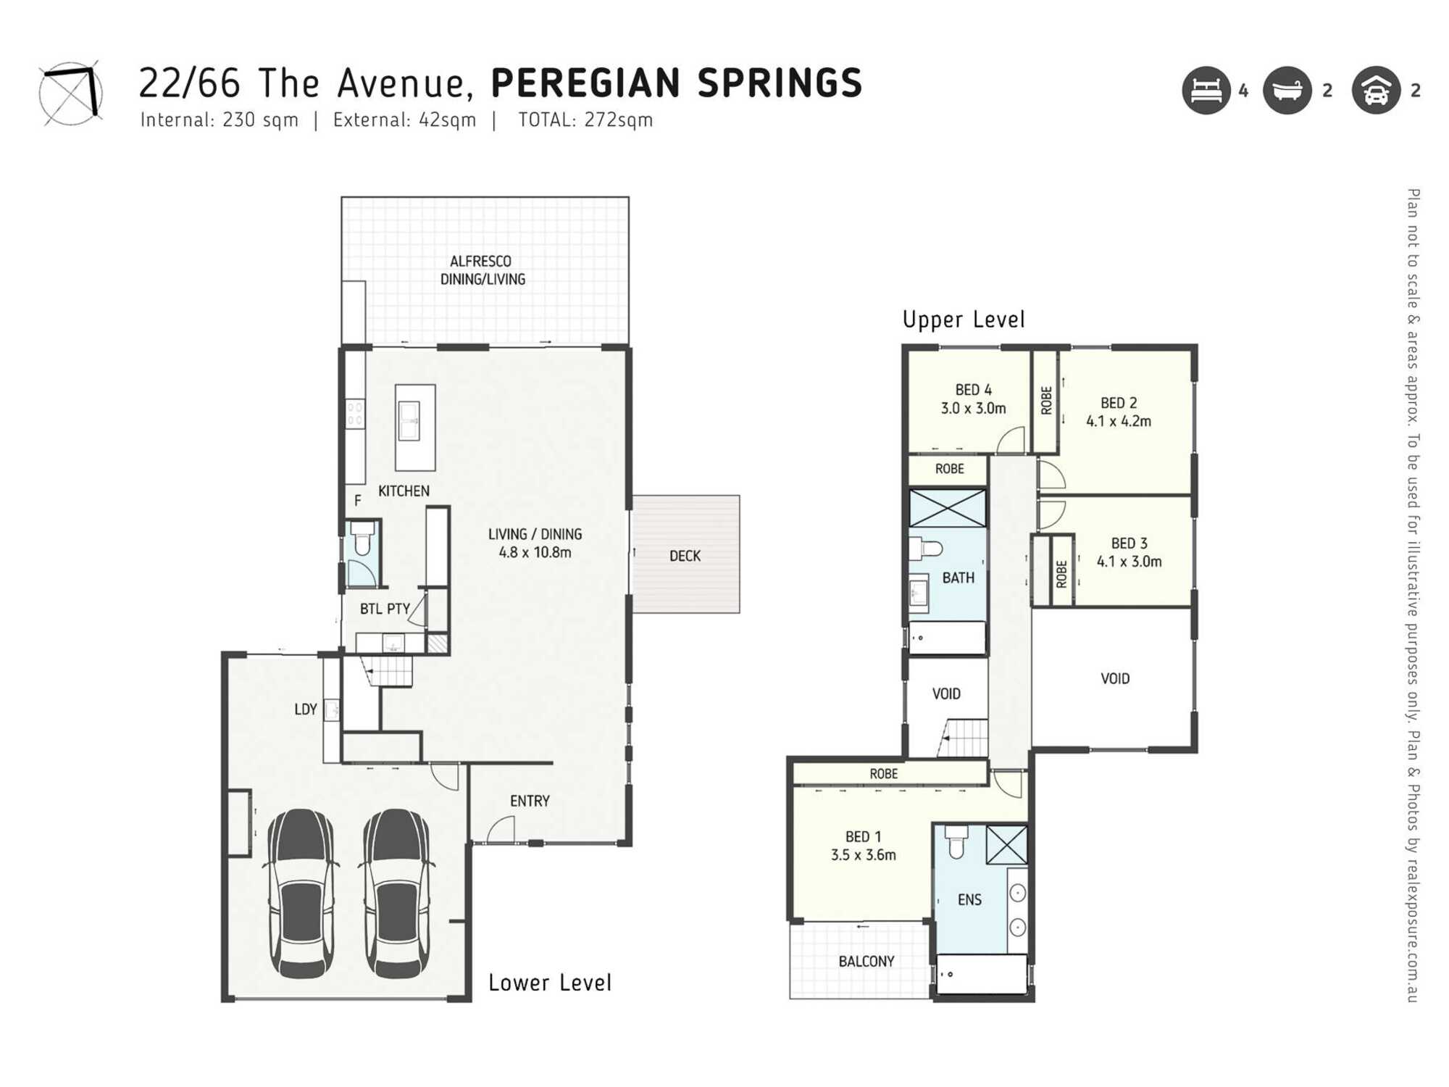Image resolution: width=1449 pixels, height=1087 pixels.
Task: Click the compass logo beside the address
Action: tap(70, 93)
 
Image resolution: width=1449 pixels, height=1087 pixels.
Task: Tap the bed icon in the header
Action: tap(1206, 91)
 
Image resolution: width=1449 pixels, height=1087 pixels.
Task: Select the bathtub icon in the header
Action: tap(1287, 91)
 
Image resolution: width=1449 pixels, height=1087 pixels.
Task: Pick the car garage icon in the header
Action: tap(1376, 91)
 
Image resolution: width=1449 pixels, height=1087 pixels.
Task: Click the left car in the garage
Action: tap(302, 894)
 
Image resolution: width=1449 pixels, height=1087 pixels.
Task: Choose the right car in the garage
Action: tap(397, 894)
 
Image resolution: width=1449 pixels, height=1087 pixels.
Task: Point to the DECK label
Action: tap(685, 556)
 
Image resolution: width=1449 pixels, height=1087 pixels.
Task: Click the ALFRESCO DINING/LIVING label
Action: tap(483, 270)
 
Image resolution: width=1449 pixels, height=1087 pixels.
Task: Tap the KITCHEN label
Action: tap(404, 491)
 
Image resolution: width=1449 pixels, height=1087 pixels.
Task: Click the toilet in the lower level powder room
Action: tap(362, 538)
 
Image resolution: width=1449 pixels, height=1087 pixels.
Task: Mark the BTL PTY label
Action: tap(385, 609)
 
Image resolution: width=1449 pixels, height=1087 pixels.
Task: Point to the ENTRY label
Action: tap(530, 801)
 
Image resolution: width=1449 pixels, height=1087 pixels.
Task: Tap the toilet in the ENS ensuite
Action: tap(956, 841)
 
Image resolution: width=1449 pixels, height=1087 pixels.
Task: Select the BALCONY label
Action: tap(867, 962)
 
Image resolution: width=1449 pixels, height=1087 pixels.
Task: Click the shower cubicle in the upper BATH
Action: tap(947, 508)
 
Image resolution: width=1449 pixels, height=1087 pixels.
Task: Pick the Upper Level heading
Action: tap(964, 320)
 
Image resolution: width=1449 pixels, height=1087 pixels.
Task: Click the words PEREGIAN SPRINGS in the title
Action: tap(677, 83)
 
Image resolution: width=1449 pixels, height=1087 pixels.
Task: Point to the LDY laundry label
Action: tap(306, 709)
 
